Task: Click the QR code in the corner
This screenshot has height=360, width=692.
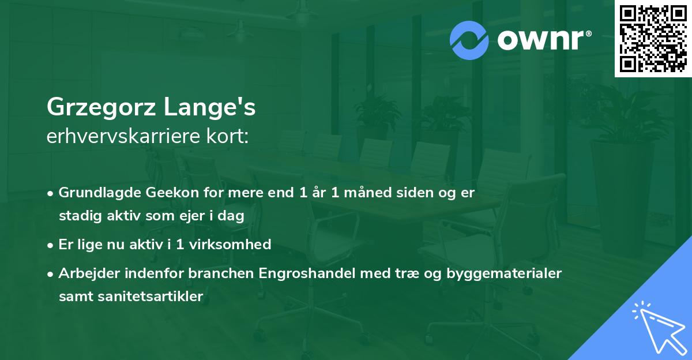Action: [653, 38]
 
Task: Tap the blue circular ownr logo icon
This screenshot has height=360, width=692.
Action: [469, 40]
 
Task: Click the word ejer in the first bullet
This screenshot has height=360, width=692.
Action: [198, 216]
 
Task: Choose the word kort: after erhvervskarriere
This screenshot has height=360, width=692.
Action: [231, 136]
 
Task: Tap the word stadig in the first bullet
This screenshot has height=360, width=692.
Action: [78, 216]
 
